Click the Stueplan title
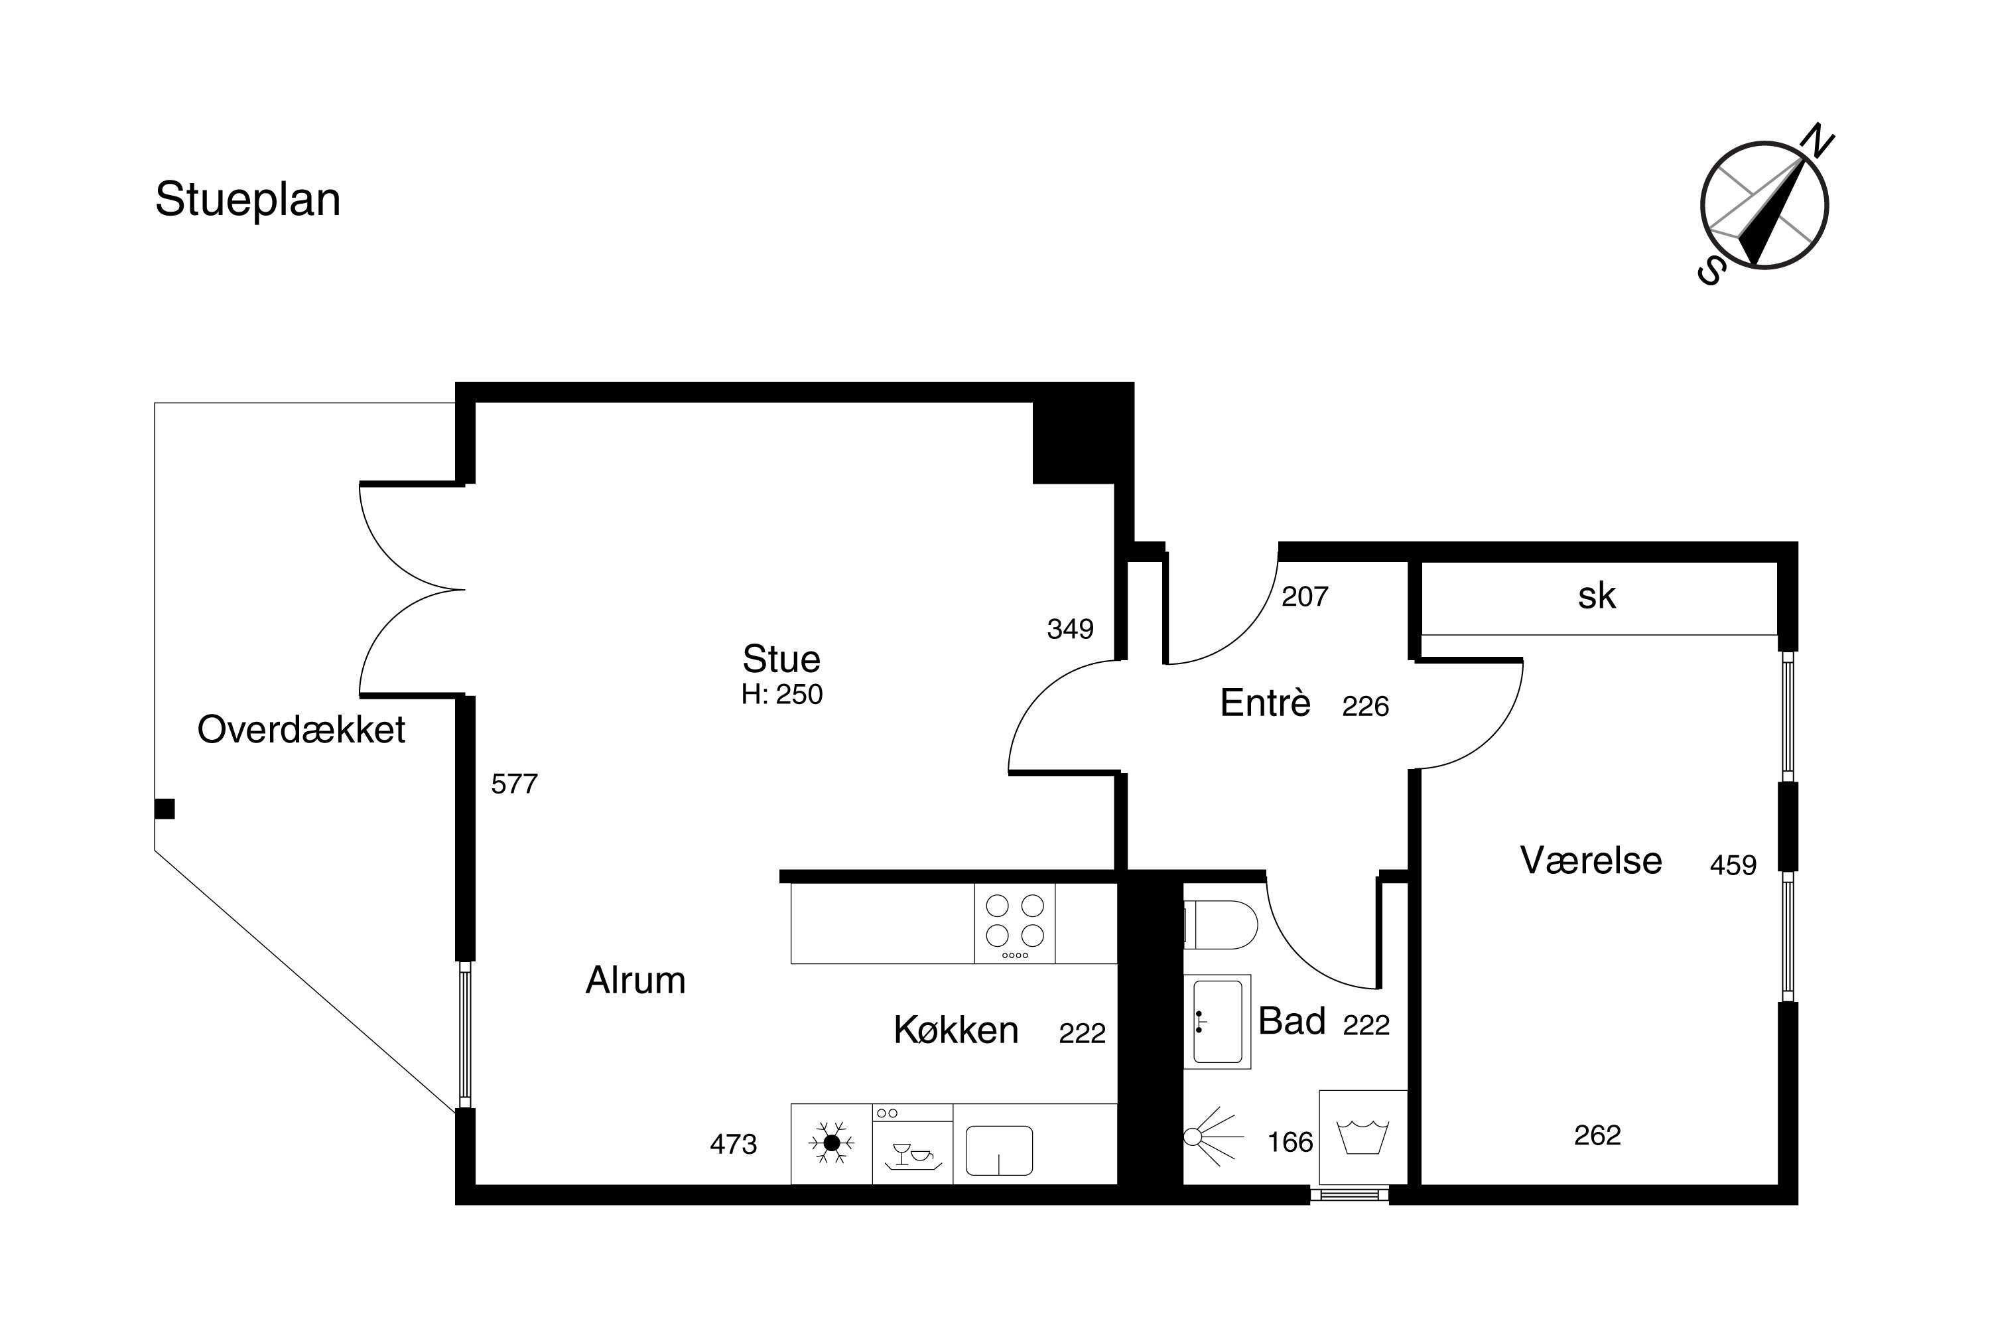click(248, 200)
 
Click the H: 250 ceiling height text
click(782, 694)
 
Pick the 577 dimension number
click(515, 784)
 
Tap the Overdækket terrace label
click(301, 729)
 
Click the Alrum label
click(635, 980)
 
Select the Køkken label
click(956, 1030)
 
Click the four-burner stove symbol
click(1014, 924)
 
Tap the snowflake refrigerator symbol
click(832, 1143)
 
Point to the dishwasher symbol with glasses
click(913, 1144)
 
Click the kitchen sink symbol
click(999, 1150)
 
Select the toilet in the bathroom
click(1221, 925)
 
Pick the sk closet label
click(1597, 596)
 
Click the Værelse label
click(1591, 861)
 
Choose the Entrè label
click(1266, 703)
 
